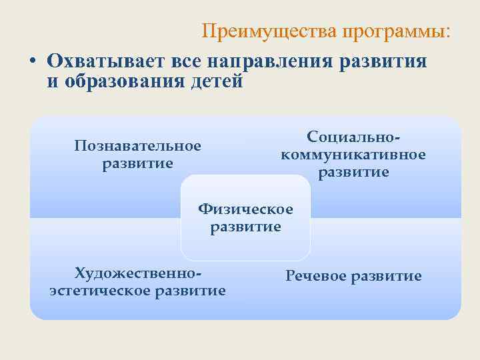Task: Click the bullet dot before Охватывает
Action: click(32, 61)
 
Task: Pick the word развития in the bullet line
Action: click(383, 61)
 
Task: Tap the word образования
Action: click(123, 81)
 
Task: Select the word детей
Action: click(212, 81)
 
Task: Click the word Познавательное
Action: click(138, 145)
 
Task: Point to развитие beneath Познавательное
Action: click(138, 163)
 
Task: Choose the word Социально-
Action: click(353, 137)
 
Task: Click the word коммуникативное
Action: click(353, 155)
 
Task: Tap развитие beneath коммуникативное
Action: click(353, 173)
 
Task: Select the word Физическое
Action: click(245, 209)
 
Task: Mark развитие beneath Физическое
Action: click(245, 227)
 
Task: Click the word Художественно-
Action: click(138, 273)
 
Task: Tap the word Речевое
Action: click(317, 276)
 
